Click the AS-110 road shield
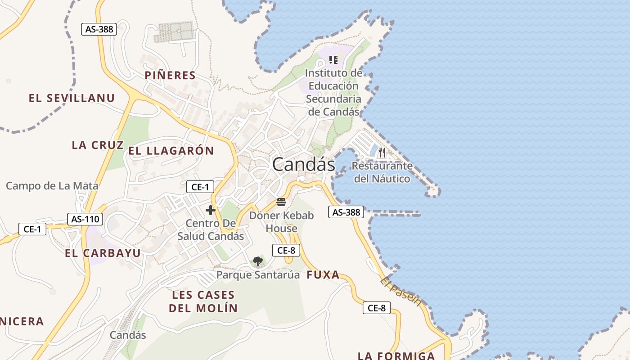click(x=85, y=219)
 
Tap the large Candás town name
click(x=304, y=164)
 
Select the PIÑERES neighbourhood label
click(x=170, y=75)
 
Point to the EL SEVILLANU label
click(x=72, y=98)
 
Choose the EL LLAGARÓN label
click(x=171, y=151)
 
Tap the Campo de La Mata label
click(x=52, y=185)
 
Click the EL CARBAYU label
click(x=103, y=253)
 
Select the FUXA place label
click(x=323, y=275)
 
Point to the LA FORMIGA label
click(x=396, y=356)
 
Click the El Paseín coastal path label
click(x=400, y=291)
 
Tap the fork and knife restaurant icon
click(x=382, y=153)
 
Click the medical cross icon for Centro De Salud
click(x=210, y=210)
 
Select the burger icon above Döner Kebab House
click(x=281, y=202)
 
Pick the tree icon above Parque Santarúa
click(x=257, y=261)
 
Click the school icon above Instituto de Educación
click(x=333, y=59)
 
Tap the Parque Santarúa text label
click(x=258, y=274)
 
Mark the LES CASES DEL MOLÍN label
click(x=203, y=301)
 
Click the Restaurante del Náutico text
click(x=382, y=172)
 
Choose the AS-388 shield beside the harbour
click(x=346, y=212)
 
